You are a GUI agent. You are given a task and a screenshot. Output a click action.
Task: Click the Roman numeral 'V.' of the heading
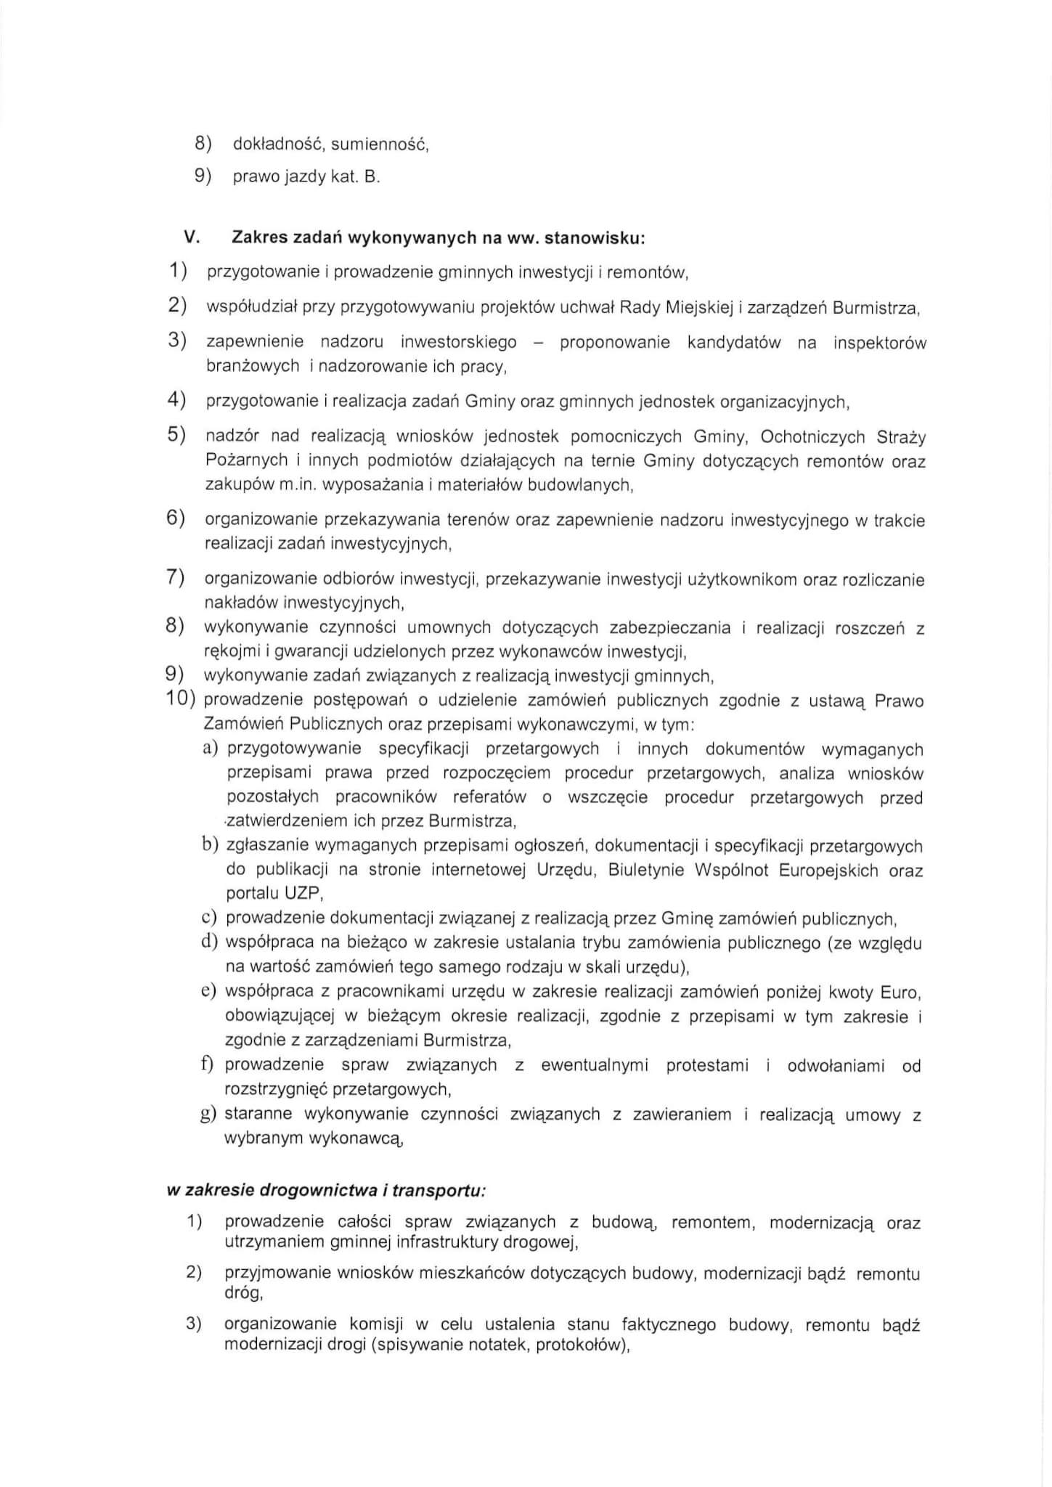[x=192, y=237]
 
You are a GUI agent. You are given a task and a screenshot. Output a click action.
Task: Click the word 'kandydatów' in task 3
[x=733, y=343]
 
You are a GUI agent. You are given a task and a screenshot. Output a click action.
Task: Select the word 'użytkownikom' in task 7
[x=737, y=579]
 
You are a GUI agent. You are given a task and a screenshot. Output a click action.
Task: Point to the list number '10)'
[x=182, y=700]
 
